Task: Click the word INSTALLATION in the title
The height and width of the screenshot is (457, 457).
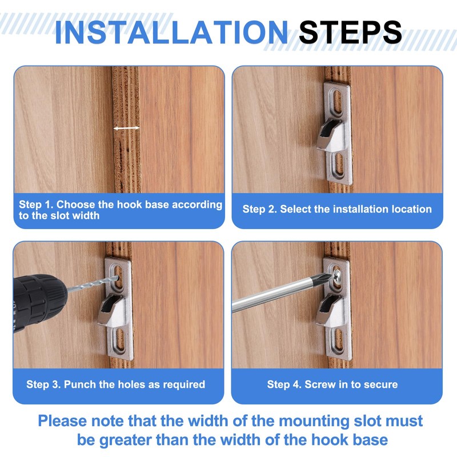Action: tap(171, 32)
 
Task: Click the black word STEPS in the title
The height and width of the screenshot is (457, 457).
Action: tap(350, 32)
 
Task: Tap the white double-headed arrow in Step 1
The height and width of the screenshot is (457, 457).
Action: tap(126, 128)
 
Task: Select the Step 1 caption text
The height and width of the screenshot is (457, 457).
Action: tap(121, 210)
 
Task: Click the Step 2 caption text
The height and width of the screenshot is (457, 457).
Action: tap(337, 209)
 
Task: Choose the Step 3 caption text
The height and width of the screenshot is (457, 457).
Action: tap(116, 384)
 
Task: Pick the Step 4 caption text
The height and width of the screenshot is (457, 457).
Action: tap(332, 384)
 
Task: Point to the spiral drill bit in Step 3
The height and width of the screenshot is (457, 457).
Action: tap(92, 283)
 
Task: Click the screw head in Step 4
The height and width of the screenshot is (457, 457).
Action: tap(336, 275)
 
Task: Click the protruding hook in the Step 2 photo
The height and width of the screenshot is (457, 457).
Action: tap(330, 135)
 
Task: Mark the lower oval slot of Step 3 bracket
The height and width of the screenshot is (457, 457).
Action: tap(119, 339)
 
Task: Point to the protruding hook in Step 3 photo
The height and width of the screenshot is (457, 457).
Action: tap(111, 310)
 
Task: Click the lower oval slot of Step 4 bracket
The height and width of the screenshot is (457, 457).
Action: tap(338, 339)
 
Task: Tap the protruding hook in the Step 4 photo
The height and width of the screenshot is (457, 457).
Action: tap(330, 310)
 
